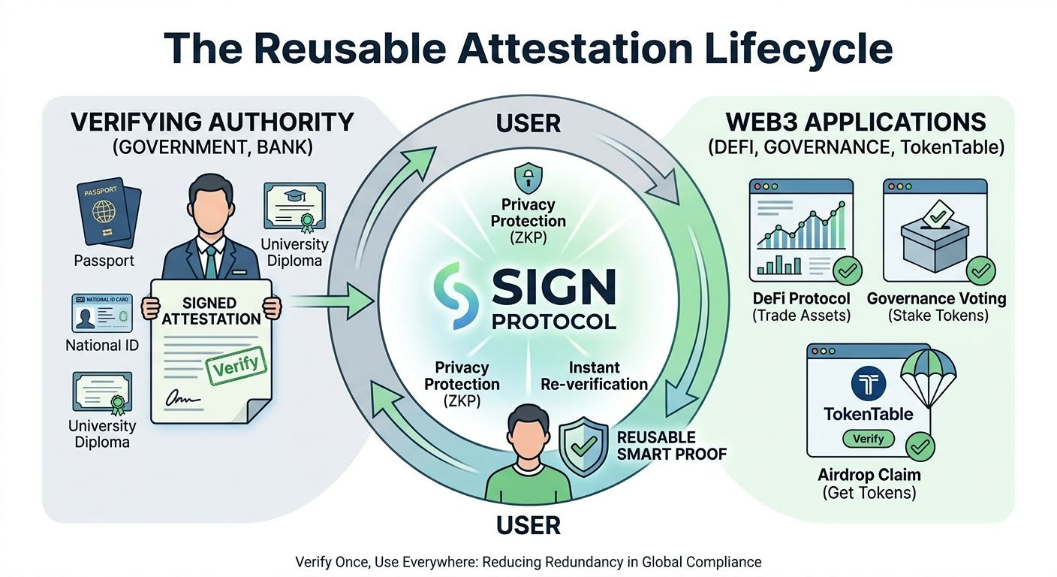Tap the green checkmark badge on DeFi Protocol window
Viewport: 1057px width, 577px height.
click(x=847, y=271)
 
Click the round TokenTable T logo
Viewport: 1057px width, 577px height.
click(x=869, y=383)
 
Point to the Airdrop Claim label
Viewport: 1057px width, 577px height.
click(x=869, y=476)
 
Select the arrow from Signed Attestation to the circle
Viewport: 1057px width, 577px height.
click(x=330, y=303)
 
